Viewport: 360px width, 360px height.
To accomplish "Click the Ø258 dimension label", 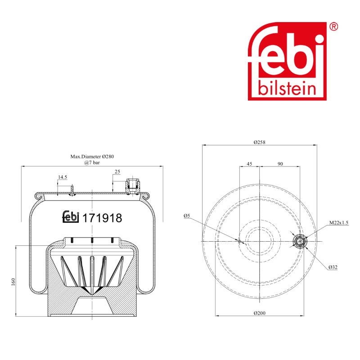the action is (x=260, y=142).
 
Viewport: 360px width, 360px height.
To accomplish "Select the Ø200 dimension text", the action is (x=260, y=313).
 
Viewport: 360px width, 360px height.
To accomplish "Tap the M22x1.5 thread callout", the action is (x=339, y=222).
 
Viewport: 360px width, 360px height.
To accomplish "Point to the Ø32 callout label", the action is (x=333, y=267).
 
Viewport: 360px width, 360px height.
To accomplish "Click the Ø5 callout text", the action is (x=187, y=216).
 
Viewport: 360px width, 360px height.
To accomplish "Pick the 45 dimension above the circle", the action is (x=249, y=164).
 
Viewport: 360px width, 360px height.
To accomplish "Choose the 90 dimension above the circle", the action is (x=280, y=164).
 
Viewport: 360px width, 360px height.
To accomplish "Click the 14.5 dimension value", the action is (x=63, y=177).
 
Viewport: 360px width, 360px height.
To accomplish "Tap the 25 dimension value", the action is (x=117, y=171).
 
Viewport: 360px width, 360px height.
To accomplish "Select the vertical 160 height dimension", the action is (x=13, y=282).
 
